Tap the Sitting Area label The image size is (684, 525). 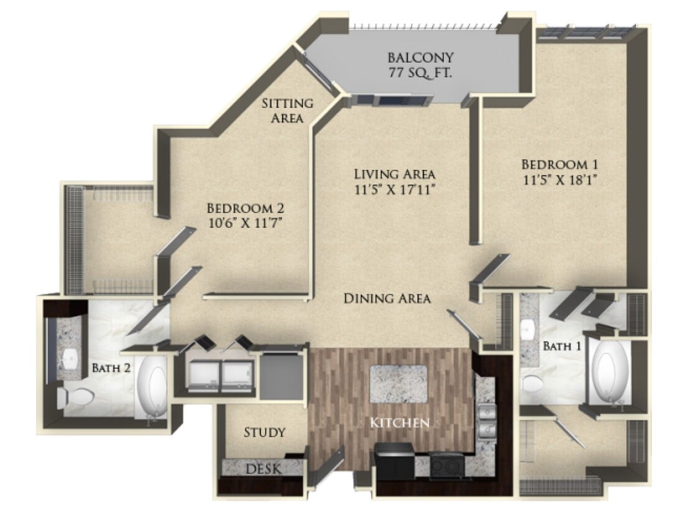[287, 110]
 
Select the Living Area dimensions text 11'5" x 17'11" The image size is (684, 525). [394, 188]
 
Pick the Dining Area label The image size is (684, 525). [387, 299]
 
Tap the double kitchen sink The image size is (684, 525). [487, 421]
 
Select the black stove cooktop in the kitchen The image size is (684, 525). [445, 464]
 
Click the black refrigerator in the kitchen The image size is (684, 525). [394, 461]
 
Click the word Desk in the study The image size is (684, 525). [264, 468]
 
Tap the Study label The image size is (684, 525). [264, 432]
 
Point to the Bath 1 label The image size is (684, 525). [562, 346]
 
